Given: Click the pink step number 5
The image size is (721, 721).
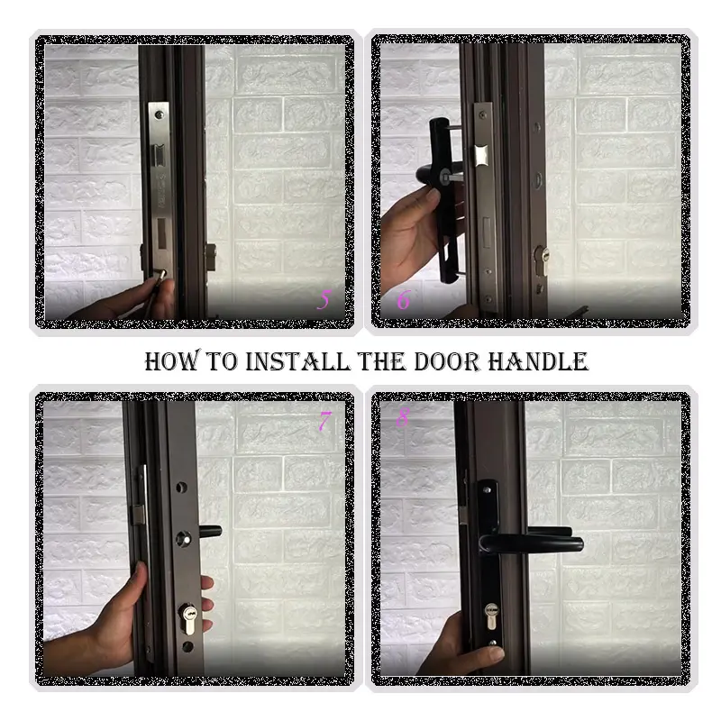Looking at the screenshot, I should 324,300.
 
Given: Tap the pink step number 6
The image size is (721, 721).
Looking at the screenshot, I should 403,299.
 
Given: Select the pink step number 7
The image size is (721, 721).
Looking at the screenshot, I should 324,419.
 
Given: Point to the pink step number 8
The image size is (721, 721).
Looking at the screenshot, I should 403,418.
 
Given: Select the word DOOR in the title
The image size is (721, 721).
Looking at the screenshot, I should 451,362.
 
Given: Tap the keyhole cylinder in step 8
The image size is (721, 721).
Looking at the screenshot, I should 491,614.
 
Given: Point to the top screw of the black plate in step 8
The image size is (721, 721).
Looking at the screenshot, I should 490,488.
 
